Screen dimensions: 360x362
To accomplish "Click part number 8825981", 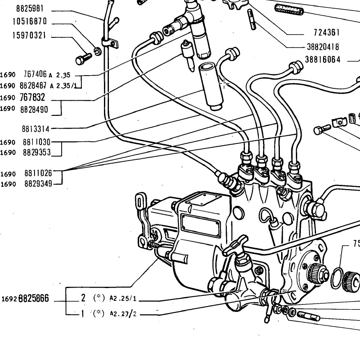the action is click(30, 9).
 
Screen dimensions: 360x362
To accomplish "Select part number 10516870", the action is click(30, 21).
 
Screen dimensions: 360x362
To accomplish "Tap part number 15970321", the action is click(29, 35).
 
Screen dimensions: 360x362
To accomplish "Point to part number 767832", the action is click(32, 97).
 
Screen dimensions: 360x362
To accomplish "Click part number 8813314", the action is click(36, 129).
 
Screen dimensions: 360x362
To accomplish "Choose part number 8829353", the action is click(37, 152).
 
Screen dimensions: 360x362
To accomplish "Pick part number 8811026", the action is click(38, 173).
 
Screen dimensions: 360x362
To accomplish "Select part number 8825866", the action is click(34, 298).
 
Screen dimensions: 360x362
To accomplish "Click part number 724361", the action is click(327, 32).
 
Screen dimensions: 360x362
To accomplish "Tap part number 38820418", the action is click(323, 47).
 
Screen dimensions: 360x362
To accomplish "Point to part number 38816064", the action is click(323, 60).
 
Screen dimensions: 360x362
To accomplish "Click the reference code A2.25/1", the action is click(123, 298).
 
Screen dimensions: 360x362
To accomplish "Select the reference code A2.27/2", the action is click(123, 313).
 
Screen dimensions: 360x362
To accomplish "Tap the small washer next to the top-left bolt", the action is click(97, 51).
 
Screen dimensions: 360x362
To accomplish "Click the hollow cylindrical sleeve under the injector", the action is click(211, 87).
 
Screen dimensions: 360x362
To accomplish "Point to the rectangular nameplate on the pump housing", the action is click(201, 225).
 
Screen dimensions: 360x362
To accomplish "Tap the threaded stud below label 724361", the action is click(252, 19).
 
